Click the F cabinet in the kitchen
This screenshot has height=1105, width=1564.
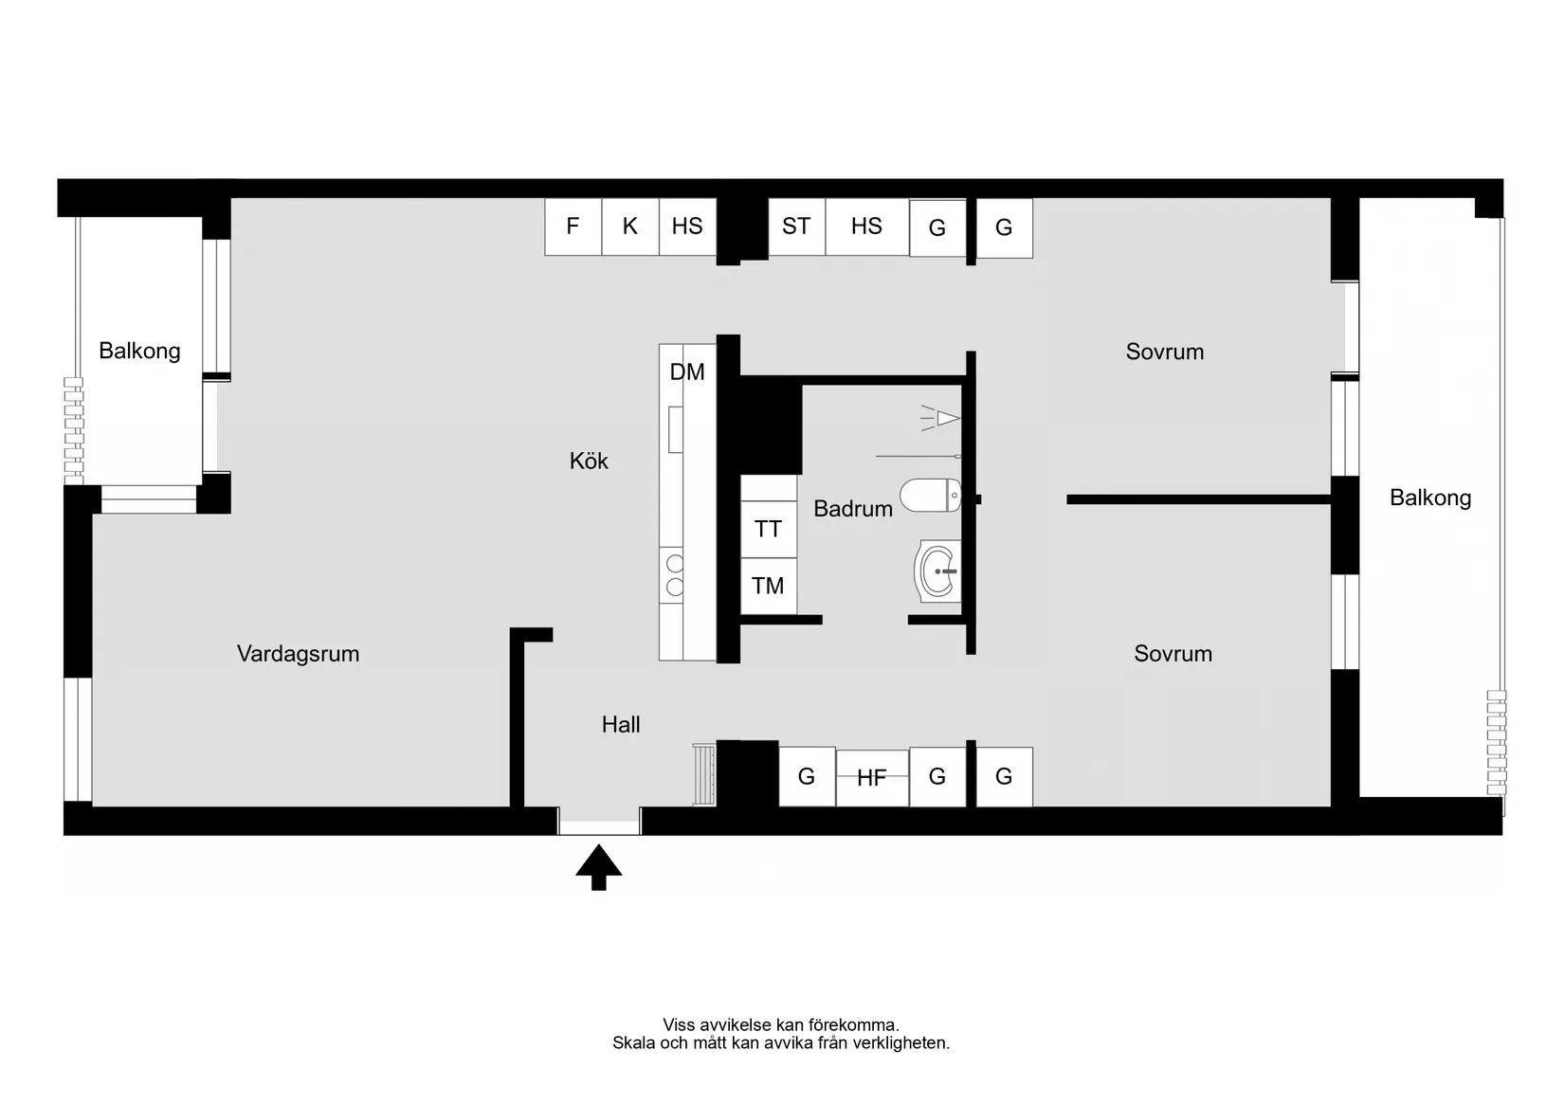pyautogui.click(x=573, y=226)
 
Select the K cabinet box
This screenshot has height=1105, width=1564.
pyautogui.click(x=630, y=226)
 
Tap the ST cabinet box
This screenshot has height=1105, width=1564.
pyautogui.click(x=796, y=226)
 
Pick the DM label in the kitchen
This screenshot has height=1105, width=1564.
pyautogui.click(x=687, y=372)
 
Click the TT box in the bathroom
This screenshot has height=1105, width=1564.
pyautogui.click(x=768, y=529)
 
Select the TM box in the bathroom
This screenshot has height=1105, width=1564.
pyautogui.click(x=768, y=586)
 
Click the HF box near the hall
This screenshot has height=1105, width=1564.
pyautogui.click(x=872, y=778)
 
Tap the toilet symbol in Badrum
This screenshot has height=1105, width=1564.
pyautogui.click(x=930, y=495)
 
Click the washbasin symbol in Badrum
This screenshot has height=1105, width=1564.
pyautogui.click(x=937, y=571)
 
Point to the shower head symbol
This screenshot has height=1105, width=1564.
pyautogui.click(x=943, y=418)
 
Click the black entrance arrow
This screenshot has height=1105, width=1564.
pyautogui.click(x=599, y=866)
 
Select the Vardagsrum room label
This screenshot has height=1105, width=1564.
pyautogui.click(x=298, y=654)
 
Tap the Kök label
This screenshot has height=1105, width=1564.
pyautogui.click(x=589, y=462)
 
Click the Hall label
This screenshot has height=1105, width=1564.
pyautogui.click(x=621, y=725)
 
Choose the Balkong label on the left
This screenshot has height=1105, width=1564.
pyautogui.click(x=139, y=352)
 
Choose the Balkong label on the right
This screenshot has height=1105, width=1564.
pyautogui.click(x=1430, y=498)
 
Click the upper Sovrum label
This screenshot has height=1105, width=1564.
pyautogui.click(x=1164, y=353)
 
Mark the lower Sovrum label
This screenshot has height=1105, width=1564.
pyautogui.click(x=1173, y=654)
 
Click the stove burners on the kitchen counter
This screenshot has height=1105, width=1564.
pyautogui.click(x=674, y=575)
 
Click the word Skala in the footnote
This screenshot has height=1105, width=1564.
pyautogui.click(x=631, y=1043)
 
